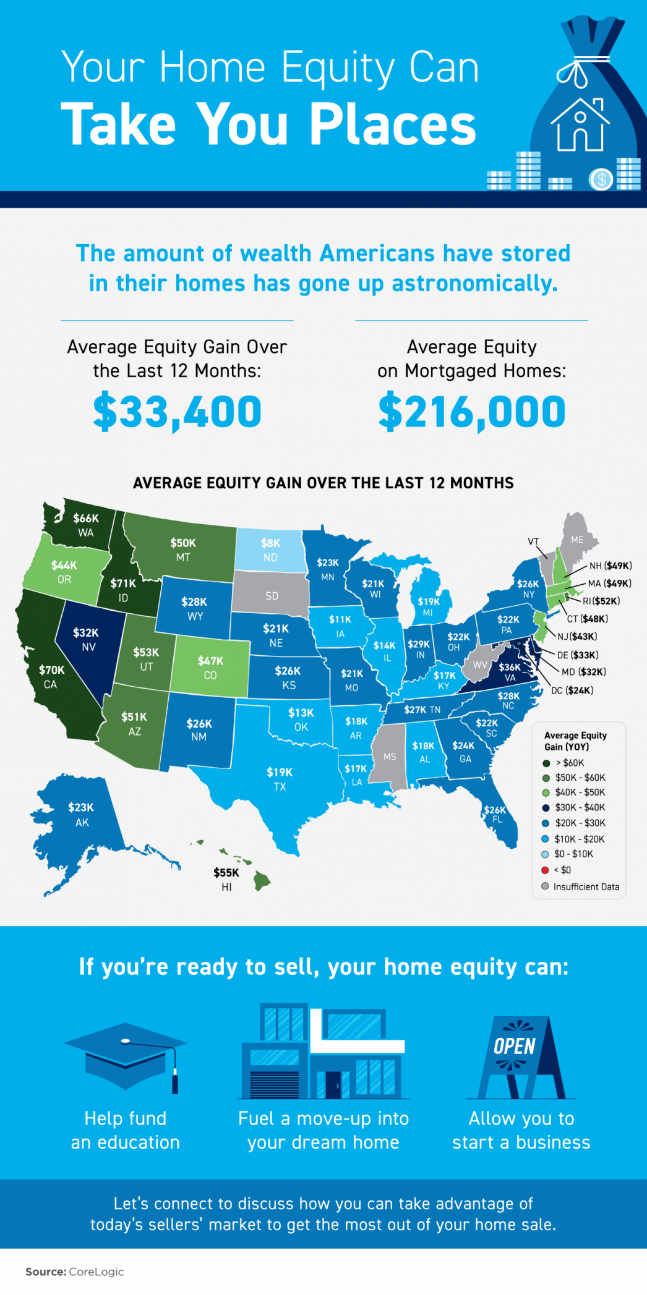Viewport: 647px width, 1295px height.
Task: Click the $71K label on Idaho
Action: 123,583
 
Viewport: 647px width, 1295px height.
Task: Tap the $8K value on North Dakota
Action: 270,543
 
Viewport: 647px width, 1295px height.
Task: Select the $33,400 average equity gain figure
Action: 178,412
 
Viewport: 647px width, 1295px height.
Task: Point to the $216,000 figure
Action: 472,412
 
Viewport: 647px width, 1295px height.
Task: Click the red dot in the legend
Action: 545,870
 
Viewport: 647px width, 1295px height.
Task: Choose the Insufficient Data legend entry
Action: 585,886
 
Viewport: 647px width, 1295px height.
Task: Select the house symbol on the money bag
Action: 580,125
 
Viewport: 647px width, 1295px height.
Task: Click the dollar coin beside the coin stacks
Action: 601,180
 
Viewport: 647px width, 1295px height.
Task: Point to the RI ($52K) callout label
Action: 601,601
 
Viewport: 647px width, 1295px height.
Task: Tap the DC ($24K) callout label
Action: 572,690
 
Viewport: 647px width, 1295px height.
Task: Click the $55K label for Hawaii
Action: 226,873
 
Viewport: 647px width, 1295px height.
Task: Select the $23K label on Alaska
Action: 81,807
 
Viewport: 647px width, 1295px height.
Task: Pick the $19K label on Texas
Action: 280,772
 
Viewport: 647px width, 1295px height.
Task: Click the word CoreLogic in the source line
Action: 96,1272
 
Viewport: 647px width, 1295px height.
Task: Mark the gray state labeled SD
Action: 272,596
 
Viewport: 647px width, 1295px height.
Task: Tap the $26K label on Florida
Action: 495,810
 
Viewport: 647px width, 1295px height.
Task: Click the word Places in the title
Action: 392,124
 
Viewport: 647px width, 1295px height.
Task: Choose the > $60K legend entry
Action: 569,763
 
